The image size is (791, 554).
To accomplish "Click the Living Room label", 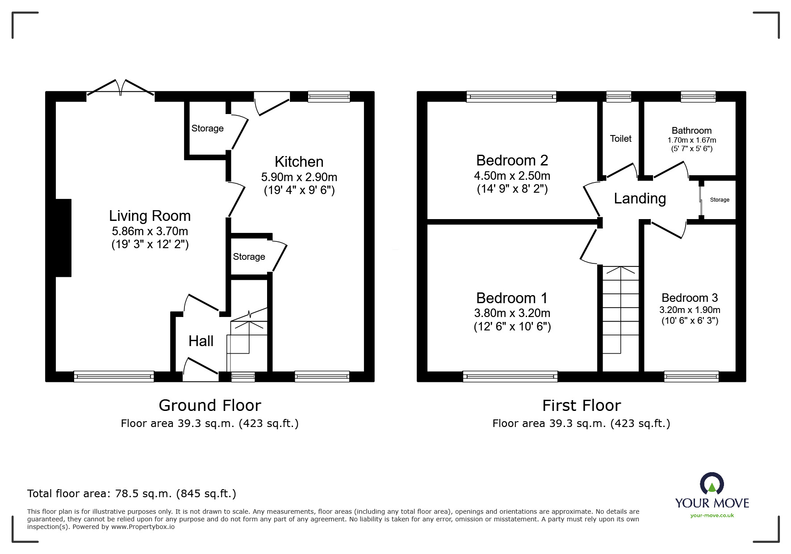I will click(x=150, y=216).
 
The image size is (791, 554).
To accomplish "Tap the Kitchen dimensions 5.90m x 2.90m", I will click(x=299, y=177).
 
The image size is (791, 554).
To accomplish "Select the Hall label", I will click(x=201, y=341).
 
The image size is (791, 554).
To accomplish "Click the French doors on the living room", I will click(x=120, y=89).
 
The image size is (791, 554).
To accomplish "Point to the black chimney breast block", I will click(x=63, y=238).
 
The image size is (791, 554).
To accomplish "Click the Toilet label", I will click(x=620, y=139).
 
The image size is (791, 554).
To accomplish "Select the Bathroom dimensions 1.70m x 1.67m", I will click(x=691, y=140).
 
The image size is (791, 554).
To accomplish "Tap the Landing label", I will click(x=640, y=199).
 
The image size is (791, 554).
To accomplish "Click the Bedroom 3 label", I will click(x=689, y=298).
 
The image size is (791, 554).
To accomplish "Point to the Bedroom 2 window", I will click(x=511, y=97).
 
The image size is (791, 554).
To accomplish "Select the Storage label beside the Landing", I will click(x=720, y=200).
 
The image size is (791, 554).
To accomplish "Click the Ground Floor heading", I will click(x=209, y=406).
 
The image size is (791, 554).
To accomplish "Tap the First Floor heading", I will click(x=581, y=406).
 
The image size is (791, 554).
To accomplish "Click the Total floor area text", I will click(x=131, y=494).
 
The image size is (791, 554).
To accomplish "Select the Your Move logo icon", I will click(x=711, y=484).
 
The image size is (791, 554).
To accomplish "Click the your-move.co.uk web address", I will click(x=712, y=516).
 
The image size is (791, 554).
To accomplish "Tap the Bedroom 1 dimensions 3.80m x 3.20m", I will click(x=512, y=313).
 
